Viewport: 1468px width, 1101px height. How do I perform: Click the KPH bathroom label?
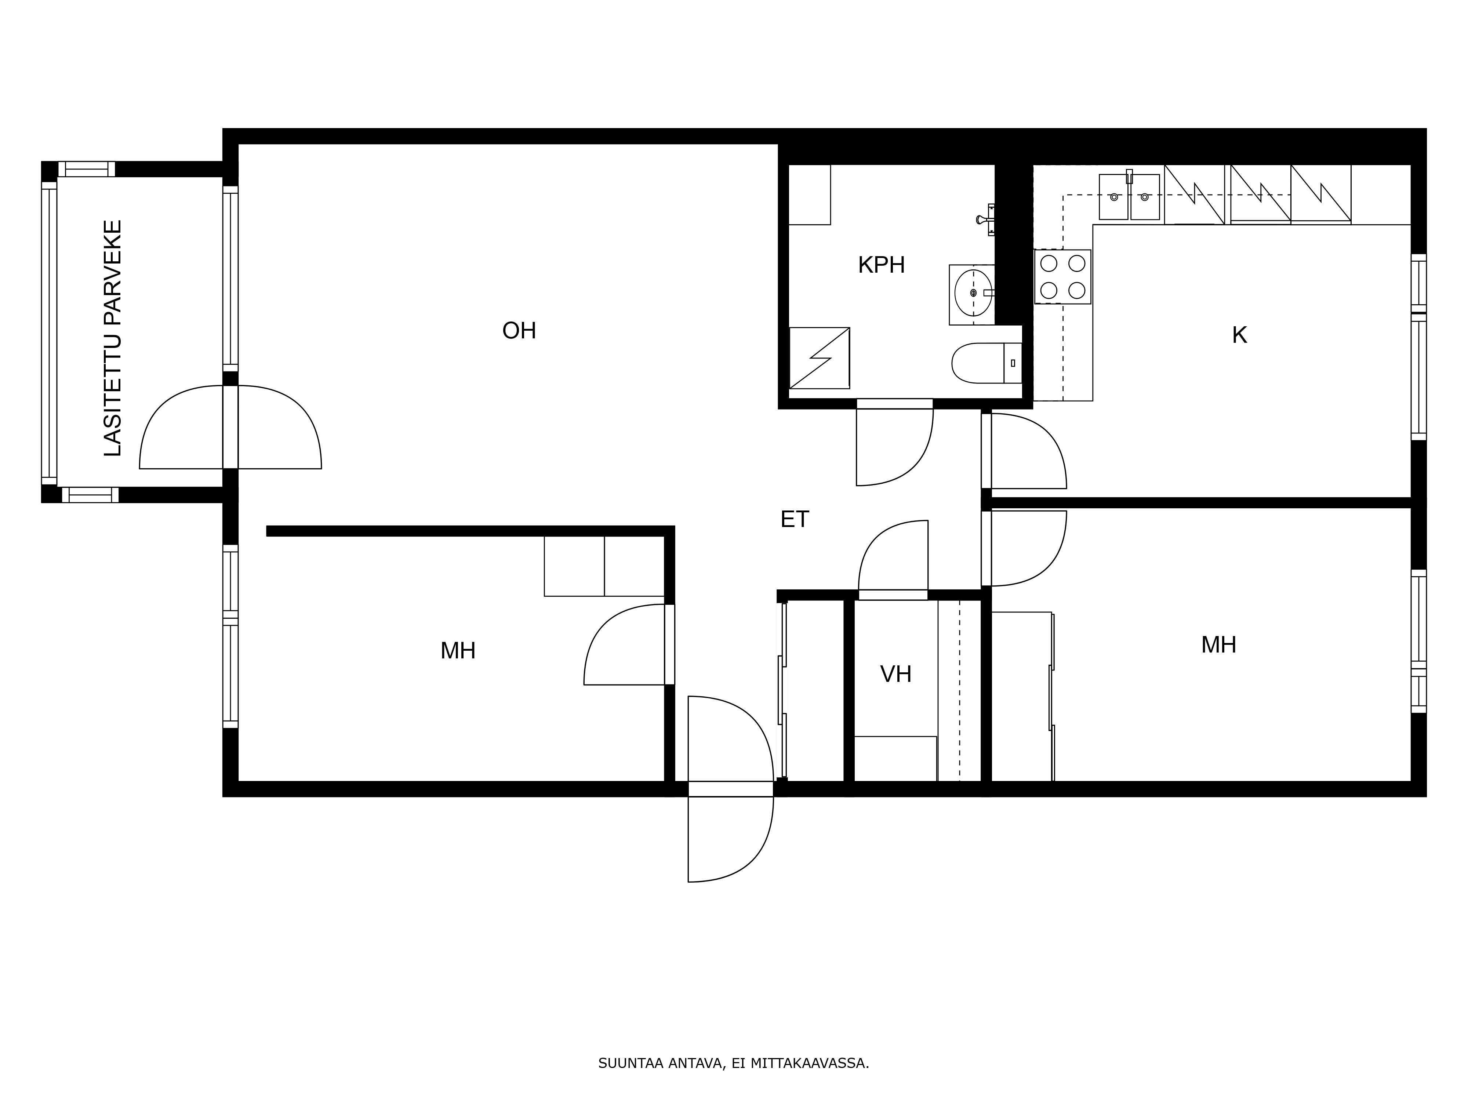[x=881, y=265]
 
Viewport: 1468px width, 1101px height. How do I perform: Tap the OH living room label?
[x=519, y=331]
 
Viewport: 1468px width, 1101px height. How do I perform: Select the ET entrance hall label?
[x=795, y=520]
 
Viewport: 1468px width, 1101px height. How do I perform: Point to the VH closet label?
[x=895, y=674]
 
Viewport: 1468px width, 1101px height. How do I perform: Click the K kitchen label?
[x=1239, y=336]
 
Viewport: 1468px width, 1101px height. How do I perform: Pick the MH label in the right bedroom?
[x=1218, y=645]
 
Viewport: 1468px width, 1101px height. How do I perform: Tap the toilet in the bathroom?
[x=985, y=363]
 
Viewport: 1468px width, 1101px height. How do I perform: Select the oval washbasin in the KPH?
[x=973, y=292]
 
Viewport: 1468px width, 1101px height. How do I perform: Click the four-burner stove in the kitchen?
[x=1062, y=277]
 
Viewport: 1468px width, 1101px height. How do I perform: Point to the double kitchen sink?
[x=1129, y=197]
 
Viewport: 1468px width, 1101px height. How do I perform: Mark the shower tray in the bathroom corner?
[x=819, y=358]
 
